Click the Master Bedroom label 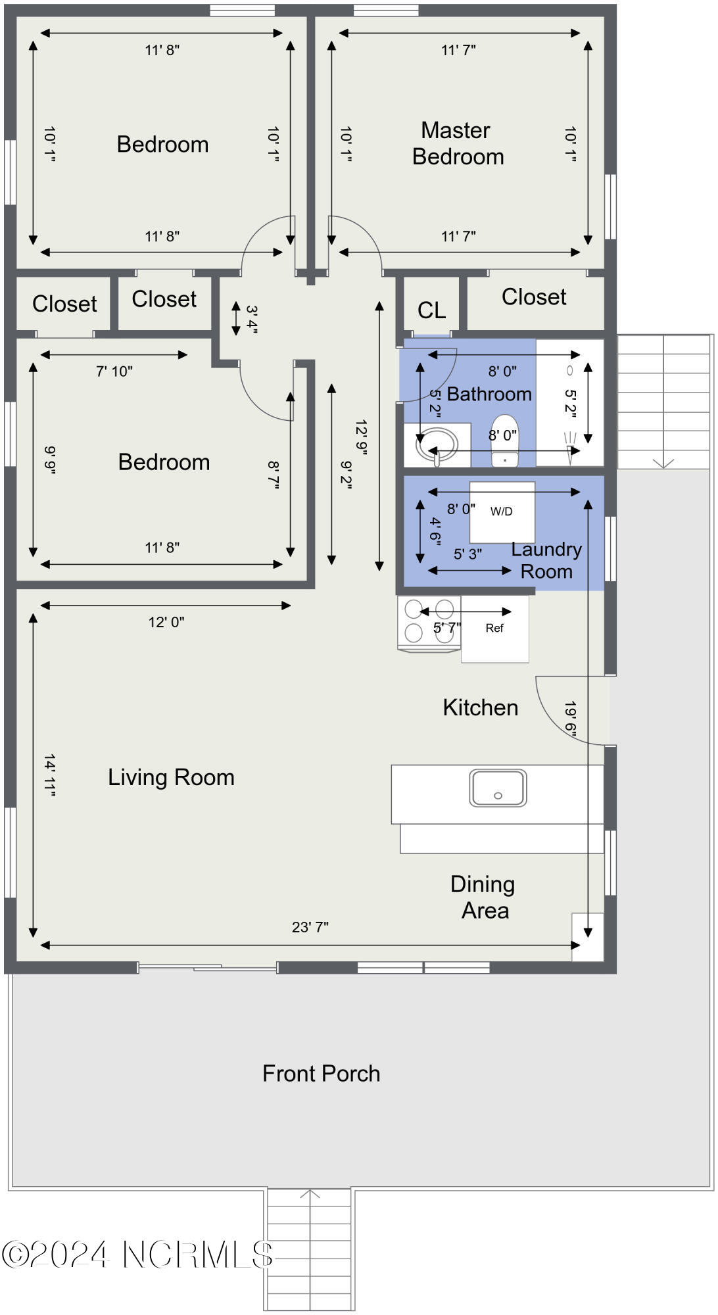tap(458, 143)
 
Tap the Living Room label tap(171, 777)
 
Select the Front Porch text tap(321, 1074)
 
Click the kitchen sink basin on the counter tap(498, 788)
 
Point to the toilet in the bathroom tap(504, 440)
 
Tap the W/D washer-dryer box tap(502, 512)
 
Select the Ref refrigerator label tap(494, 628)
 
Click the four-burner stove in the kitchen tap(429, 623)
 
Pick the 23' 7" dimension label tap(310, 927)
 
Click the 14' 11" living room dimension tap(49, 776)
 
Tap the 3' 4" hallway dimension tap(252, 319)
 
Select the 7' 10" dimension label tap(114, 371)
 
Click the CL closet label tap(431, 310)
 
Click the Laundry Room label tap(546, 560)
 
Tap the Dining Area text tap(483, 897)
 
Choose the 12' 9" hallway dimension tap(361, 438)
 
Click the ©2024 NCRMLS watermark tap(137, 1255)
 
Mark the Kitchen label tap(481, 707)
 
